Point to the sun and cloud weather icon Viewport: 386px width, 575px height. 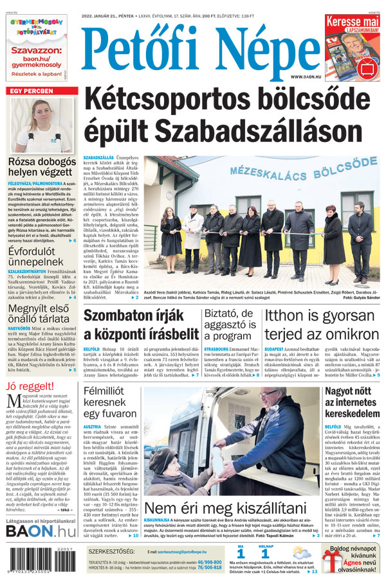pos(302,553)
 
